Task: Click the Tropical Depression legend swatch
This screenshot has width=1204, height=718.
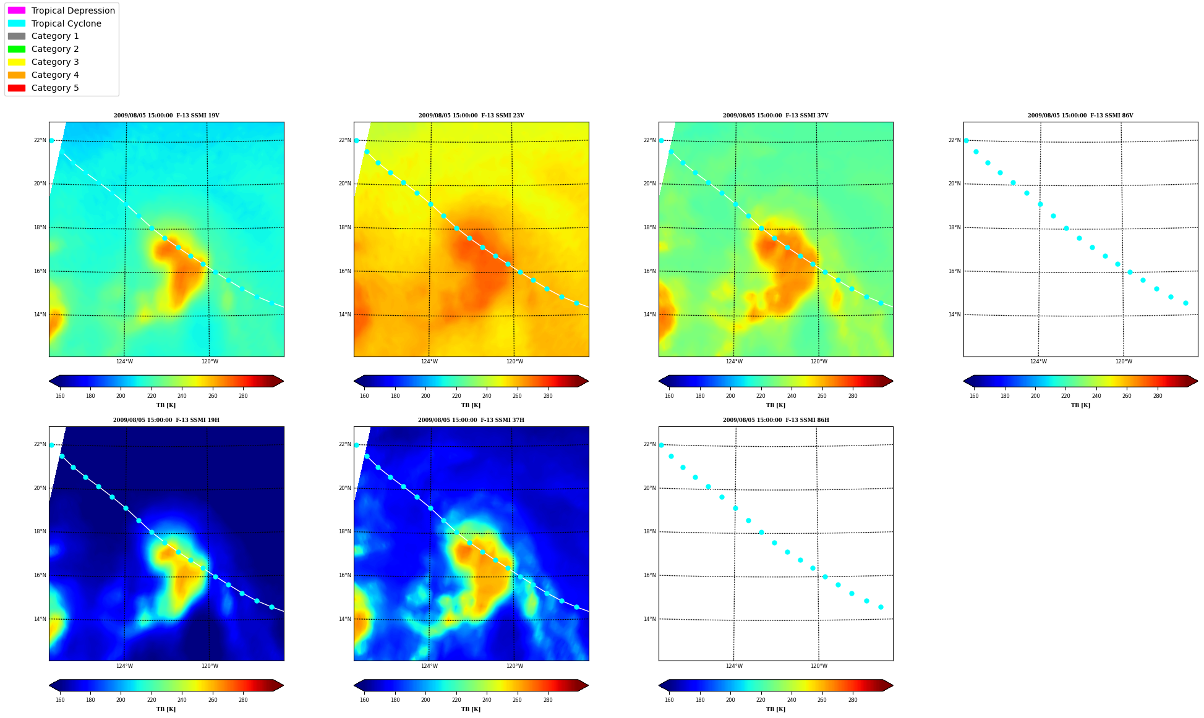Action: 17,11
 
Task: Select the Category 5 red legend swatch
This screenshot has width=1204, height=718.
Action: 17,88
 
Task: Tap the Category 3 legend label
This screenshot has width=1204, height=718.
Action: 55,62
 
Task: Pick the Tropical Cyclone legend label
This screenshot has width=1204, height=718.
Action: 66,23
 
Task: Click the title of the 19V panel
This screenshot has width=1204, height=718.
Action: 166,116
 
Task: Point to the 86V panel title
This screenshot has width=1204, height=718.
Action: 1080,116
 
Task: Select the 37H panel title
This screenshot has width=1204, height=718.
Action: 471,420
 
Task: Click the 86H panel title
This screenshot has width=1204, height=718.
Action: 776,420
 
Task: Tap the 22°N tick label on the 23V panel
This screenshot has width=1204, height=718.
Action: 345,140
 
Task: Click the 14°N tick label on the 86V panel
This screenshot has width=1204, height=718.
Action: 955,315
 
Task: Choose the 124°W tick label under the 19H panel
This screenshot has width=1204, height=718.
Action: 124,666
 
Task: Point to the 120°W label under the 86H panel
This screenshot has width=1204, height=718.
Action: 819,666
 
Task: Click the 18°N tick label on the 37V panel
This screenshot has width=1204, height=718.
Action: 650,227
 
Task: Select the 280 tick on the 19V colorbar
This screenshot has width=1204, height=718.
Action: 243,396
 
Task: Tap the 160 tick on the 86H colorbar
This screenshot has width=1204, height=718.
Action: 669,700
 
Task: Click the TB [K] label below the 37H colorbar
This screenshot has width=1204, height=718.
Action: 471,709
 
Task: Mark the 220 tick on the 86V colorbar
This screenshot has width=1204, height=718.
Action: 1065,396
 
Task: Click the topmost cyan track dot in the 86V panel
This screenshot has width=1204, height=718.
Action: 966,140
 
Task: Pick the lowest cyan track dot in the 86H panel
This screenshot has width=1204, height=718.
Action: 881,607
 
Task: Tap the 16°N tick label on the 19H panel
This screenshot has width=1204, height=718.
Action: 40,575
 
